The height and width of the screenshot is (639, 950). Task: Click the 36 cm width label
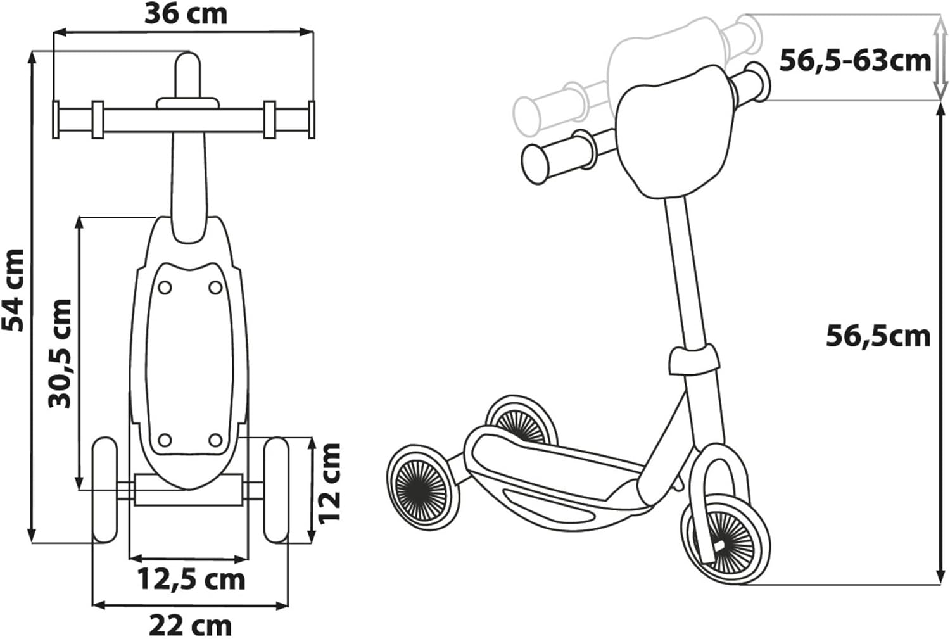click(186, 14)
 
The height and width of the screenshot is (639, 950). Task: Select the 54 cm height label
click(14, 290)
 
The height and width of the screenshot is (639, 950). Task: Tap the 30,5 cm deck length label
click(61, 353)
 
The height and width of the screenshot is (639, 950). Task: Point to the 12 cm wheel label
click(330, 483)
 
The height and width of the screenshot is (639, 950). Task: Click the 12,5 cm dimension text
click(191, 579)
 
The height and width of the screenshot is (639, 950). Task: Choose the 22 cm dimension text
click(190, 626)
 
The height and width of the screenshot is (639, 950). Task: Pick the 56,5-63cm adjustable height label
click(854, 61)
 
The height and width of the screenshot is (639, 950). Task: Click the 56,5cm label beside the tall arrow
click(878, 336)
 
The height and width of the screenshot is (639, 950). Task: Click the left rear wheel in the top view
click(105, 489)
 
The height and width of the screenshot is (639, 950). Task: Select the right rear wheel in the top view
click(276, 489)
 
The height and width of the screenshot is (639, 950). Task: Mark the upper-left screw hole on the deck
click(165, 288)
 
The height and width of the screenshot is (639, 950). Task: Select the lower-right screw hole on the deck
click(215, 440)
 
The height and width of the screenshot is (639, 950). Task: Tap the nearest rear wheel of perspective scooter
click(421, 484)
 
